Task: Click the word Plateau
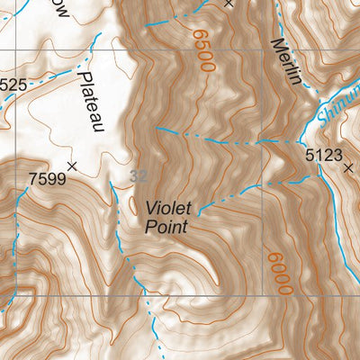[x=91, y=103]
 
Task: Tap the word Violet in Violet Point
[x=169, y=208]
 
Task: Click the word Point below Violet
[x=166, y=227]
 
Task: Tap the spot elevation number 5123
[x=323, y=156]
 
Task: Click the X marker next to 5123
[x=348, y=166]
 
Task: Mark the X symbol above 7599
[x=72, y=166]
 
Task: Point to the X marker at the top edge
[x=229, y=4]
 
